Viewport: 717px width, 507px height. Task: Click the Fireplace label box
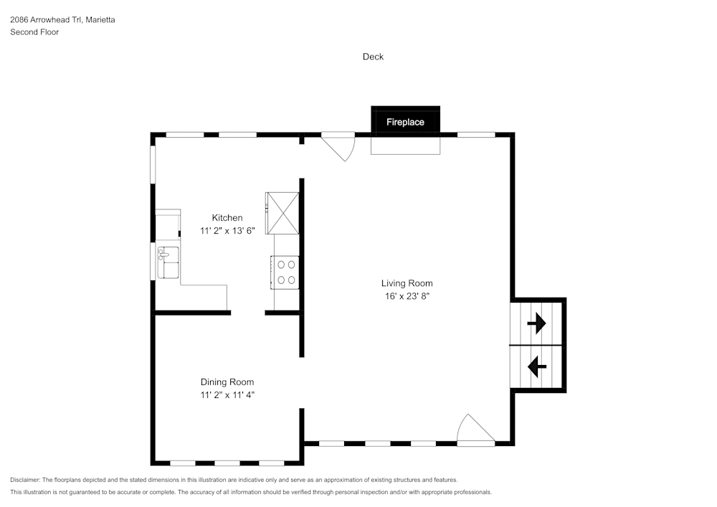pyautogui.click(x=405, y=122)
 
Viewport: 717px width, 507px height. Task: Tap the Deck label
pyautogui.click(x=373, y=57)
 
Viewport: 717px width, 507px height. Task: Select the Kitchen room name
pyautogui.click(x=227, y=218)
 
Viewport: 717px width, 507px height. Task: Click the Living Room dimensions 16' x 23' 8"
pyautogui.click(x=407, y=295)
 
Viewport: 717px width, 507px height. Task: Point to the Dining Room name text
pyautogui.click(x=227, y=382)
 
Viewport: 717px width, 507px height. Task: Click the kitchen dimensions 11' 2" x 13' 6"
pyautogui.click(x=227, y=231)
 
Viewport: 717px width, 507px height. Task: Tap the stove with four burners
pyautogui.click(x=286, y=272)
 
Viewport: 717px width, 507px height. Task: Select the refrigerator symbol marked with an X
pyautogui.click(x=282, y=212)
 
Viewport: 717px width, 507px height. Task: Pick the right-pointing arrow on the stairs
pyautogui.click(x=536, y=325)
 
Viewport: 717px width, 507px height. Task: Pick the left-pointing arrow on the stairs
pyautogui.click(x=536, y=367)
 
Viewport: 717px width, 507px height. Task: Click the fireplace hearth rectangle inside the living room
pyautogui.click(x=405, y=145)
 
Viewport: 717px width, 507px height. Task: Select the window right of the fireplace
pyautogui.click(x=476, y=134)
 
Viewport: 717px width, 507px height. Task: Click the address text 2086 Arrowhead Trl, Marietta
pyautogui.click(x=62, y=20)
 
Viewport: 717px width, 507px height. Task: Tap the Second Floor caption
pyautogui.click(x=34, y=32)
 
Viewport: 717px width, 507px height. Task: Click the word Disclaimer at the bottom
pyautogui.click(x=25, y=480)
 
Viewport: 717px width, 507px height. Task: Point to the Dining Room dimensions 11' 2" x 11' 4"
pyautogui.click(x=227, y=394)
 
